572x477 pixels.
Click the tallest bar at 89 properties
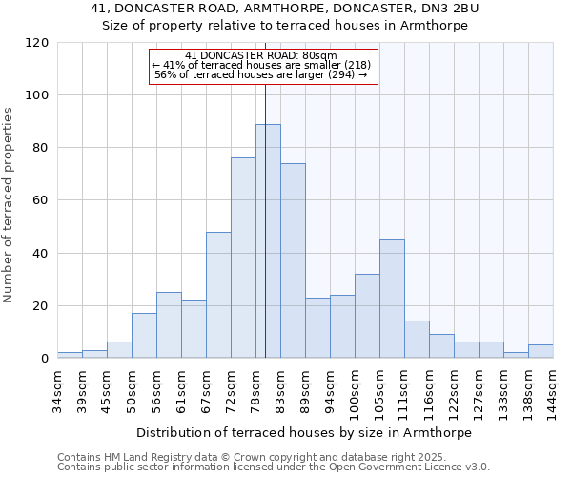[x=268, y=241]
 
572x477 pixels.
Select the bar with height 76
[x=243, y=258]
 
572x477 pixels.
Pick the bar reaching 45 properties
[x=392, y=299]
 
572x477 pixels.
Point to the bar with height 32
[x=367, y=316]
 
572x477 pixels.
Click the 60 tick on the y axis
[x=41, y=200]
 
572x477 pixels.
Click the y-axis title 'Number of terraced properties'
[x=10, y=205]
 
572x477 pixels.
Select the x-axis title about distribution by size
[x=304, y=432]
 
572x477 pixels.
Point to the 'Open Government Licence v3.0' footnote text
[x=401, y=467]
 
